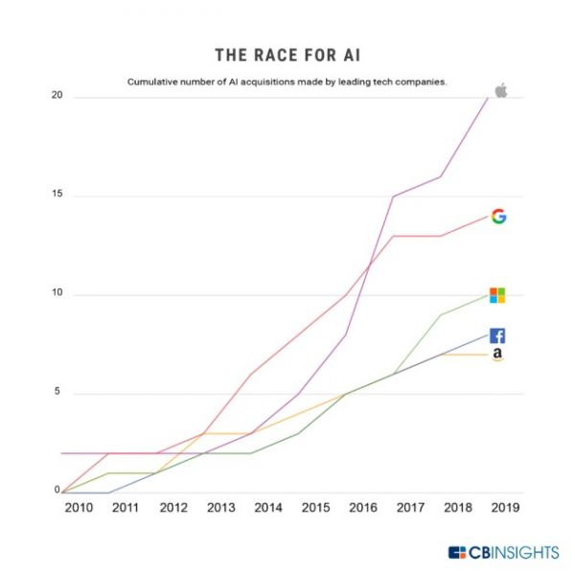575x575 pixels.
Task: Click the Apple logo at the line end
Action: point(499,90)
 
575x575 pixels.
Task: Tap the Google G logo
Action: point(498,217)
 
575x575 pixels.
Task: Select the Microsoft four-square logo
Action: point(497,295)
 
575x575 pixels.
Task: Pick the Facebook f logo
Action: point(497,335)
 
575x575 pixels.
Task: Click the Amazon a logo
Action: point(497,356)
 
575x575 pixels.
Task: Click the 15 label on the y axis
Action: point(57,195)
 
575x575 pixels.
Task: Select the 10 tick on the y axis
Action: point(57,294)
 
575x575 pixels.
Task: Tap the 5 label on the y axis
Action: point(58,392)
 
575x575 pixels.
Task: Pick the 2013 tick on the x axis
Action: point(220,508)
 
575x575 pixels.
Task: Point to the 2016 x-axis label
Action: point(362,508)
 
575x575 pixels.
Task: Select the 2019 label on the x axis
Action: point(504,508)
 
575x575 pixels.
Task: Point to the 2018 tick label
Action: point(457,508)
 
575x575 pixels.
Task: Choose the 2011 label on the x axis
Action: point(126,508)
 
